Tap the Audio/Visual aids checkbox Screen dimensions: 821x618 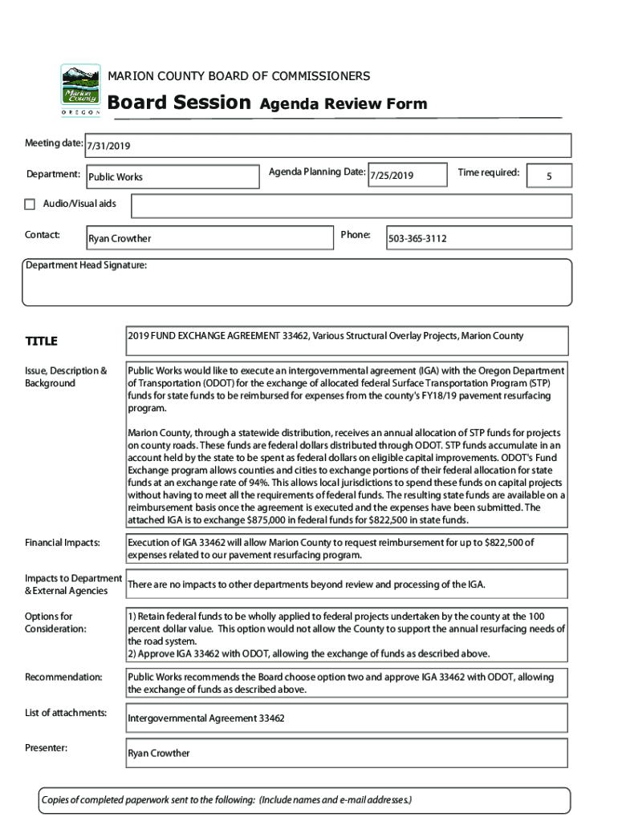coord(30,204)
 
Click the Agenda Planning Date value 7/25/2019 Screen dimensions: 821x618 coord(391,176)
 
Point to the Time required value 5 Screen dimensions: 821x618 coord(548,176)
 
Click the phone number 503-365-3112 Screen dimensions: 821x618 coord(417,239)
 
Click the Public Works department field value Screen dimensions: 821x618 coord(116,176)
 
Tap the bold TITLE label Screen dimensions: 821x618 coord(41,342)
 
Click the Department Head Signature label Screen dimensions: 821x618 coord(86,265)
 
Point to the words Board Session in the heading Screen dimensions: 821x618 coord(179,103)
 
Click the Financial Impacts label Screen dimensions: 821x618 coord(63,544)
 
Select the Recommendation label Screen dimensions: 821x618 coord(63,677)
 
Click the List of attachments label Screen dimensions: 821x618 coord(66,713)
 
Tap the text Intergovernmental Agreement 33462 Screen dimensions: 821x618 coord(206,718)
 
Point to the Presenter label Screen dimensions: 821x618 coord(47,748)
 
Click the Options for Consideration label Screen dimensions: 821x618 coord(55,623)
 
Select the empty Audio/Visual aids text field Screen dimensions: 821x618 coord(351,206)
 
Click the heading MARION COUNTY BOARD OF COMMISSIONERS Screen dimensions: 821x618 coord(239,76)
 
